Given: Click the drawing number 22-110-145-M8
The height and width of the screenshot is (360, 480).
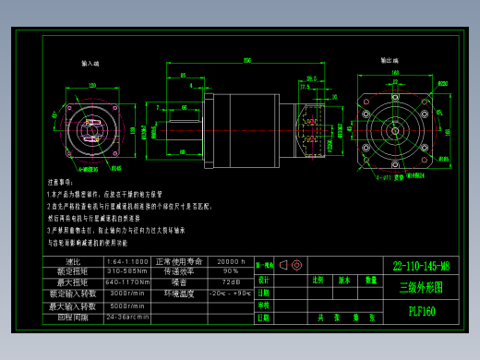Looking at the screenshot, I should [421, 266].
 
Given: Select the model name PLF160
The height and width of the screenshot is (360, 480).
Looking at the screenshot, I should [421, 311].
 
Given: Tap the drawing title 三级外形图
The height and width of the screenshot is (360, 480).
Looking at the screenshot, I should [421, 287].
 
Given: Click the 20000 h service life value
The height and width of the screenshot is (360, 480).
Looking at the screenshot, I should [230, 261].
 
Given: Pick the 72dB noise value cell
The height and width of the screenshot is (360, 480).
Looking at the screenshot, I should [230, 282].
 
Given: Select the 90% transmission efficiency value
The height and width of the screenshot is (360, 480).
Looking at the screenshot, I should [230, 271].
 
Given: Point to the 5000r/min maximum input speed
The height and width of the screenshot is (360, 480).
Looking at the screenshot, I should [127, 306].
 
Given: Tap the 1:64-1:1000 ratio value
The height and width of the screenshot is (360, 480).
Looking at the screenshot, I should [127, 261].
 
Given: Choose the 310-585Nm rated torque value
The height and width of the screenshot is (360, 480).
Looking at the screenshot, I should [127, 271].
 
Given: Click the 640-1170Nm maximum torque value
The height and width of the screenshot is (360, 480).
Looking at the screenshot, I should [127, 282].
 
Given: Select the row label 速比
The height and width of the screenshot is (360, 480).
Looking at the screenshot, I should [75, 261].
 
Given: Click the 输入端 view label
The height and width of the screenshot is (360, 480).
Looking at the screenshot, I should [90, 64].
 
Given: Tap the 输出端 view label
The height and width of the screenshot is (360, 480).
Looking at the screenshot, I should [390, 59].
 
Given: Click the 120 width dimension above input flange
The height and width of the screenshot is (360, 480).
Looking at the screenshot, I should [92, 85].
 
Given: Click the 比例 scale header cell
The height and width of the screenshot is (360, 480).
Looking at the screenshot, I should [318, 279].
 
